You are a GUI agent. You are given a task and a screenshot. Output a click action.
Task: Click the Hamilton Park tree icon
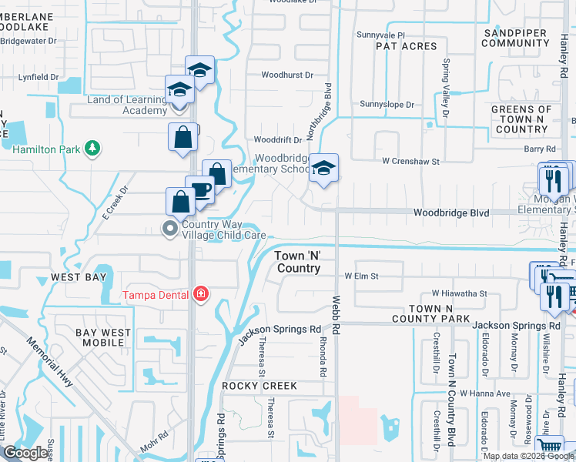(x=92, y=147)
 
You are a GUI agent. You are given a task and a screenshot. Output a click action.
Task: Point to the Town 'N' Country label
(x=298, y=262)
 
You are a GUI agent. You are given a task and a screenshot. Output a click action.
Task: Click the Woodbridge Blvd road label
(x=451, y=213)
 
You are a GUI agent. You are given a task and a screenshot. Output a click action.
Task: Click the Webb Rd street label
(x=336, y=316)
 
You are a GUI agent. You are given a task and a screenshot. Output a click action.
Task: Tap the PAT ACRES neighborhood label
(x=406, y=47)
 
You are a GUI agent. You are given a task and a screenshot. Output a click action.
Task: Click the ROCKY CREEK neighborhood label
(x=253, y=385)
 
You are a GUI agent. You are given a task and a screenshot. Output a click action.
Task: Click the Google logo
(x=25, y=453)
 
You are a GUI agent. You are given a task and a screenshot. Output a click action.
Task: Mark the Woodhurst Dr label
(x=287, y=75)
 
